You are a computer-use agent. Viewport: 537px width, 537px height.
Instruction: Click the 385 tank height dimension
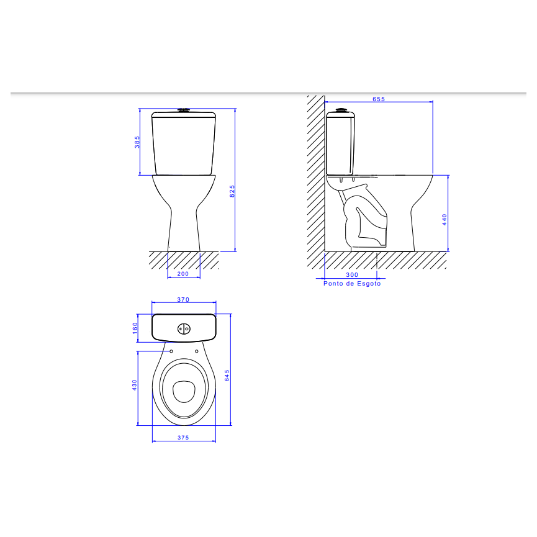(137, 142)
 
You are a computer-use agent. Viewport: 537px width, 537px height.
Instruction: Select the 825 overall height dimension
(232, 191)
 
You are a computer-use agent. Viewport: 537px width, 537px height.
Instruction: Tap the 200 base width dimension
(183, 273)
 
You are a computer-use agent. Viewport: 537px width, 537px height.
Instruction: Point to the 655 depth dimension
(379, 99)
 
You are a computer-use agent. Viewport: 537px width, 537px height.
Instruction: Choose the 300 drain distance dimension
(352, 274)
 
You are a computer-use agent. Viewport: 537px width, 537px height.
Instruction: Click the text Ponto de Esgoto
(352, 284)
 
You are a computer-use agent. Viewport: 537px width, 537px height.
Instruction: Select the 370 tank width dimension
(183, 300)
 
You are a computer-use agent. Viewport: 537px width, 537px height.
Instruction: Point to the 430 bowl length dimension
(135, 386)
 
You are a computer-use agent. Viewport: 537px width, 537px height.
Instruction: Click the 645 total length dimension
(228, 375)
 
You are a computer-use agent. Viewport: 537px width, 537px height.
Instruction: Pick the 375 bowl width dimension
(183, 438)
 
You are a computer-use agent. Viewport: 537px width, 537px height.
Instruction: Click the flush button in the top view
(183, 328)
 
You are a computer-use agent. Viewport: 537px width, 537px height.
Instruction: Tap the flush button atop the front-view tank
(183, 111)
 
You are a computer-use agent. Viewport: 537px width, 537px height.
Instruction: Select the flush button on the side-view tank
(340, 111)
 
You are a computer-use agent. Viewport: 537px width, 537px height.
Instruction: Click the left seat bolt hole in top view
(171, 351)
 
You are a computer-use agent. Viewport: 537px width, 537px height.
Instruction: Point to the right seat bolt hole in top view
(197, 351)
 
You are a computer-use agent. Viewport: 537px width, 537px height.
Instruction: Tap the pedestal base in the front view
(184, 236)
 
